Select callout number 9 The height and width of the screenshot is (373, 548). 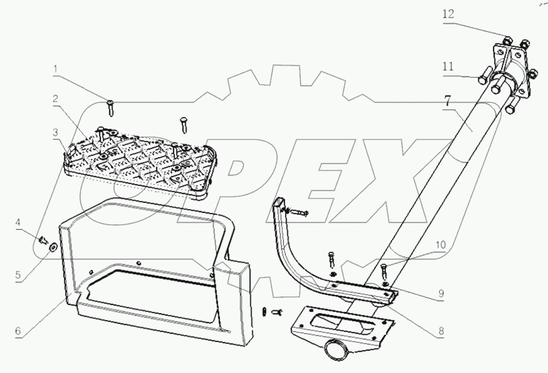click(x=441, y=293)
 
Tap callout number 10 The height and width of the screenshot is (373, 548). click(x=440, y=245)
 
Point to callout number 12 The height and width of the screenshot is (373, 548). click(x=449, y=14)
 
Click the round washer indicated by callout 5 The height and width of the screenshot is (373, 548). click(x=53, y=247)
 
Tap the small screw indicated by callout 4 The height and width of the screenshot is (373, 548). click(x=43, y=239)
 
